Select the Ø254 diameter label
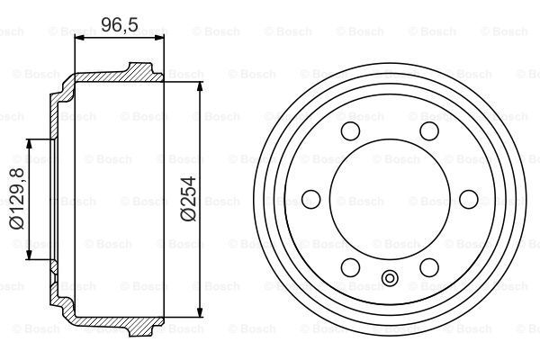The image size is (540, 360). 188,201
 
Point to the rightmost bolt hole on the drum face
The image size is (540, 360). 467,200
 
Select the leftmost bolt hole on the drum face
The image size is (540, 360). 311,200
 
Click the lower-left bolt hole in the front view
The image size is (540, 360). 350,266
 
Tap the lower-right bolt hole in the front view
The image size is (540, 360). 428,266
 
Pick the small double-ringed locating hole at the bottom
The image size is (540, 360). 389,278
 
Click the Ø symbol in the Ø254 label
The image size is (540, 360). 188,216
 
